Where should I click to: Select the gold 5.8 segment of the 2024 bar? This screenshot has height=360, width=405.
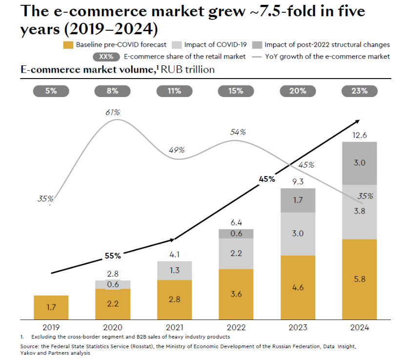(359, 279)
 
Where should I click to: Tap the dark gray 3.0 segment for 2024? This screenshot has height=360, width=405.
(359, 163)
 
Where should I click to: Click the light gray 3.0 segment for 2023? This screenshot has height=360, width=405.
(298, 233)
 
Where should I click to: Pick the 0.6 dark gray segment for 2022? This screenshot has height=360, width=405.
(236, 234)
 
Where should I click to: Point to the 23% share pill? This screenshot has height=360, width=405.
(359, 91)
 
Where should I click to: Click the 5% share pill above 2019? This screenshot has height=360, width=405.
(51, 91)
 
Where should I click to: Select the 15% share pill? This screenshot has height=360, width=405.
(236, 91)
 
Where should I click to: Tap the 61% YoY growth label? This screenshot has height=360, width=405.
(113, 113)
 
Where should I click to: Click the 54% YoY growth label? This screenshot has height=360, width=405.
(238, 132)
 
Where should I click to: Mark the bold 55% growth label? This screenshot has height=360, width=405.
(113, 255)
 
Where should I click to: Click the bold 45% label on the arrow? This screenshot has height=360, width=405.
(266, 179)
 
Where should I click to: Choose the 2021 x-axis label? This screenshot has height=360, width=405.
(174, 328)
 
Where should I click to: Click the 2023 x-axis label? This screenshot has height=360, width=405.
(298, 328)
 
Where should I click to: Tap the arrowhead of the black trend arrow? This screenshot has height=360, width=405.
(359, 120)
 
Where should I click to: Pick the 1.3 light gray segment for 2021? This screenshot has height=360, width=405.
(174, 270)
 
